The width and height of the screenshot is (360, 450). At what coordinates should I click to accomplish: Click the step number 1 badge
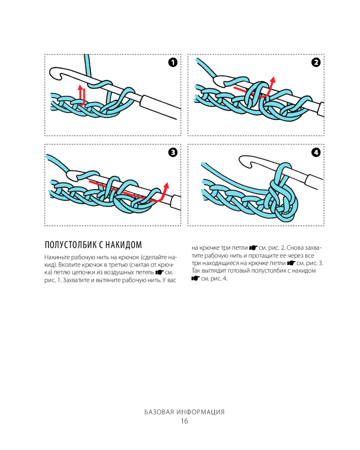tap(173, 62)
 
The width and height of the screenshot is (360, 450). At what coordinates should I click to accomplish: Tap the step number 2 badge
tap(316, 62)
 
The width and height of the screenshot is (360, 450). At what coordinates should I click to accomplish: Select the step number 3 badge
tap(173, 152)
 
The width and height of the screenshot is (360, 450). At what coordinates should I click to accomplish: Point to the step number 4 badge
tap(316, 152)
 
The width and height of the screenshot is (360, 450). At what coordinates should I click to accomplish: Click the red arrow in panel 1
tap(81, 94)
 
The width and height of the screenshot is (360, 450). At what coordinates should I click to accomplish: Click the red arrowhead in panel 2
tap(272, 80)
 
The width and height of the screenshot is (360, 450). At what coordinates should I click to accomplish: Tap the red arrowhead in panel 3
tap(166, 185)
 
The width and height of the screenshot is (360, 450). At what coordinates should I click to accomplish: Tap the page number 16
tap(184, 421)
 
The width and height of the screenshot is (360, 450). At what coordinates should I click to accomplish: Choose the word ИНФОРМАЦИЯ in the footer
tap(201, 412)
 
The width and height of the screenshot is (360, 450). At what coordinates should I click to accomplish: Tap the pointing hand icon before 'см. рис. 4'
tap(194, 278)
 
